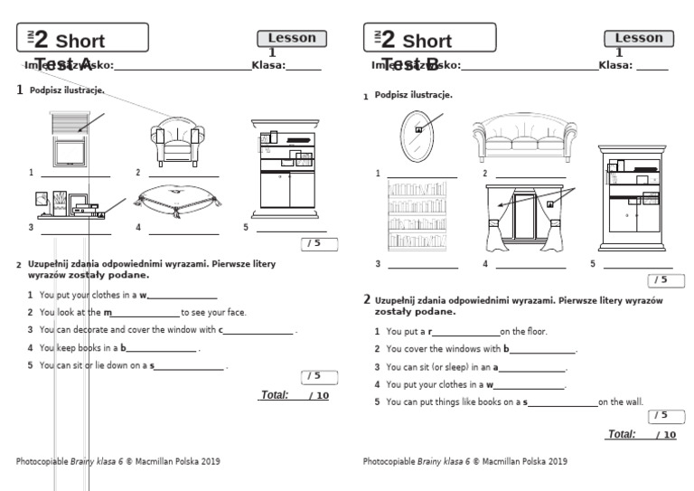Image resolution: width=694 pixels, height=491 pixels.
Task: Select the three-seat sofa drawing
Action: tap(524, 138)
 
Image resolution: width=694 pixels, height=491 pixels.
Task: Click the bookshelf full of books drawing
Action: tap(417, 215)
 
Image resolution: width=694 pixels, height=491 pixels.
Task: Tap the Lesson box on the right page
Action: tap(638, 38)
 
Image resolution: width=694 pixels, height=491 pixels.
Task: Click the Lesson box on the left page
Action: tap(292, 38)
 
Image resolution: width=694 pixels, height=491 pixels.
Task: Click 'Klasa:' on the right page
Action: tap(615, 65)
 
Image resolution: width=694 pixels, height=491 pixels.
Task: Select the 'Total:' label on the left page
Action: tap(274, 395)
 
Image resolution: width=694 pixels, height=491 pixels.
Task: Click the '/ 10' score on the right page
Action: tap(666, 435)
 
